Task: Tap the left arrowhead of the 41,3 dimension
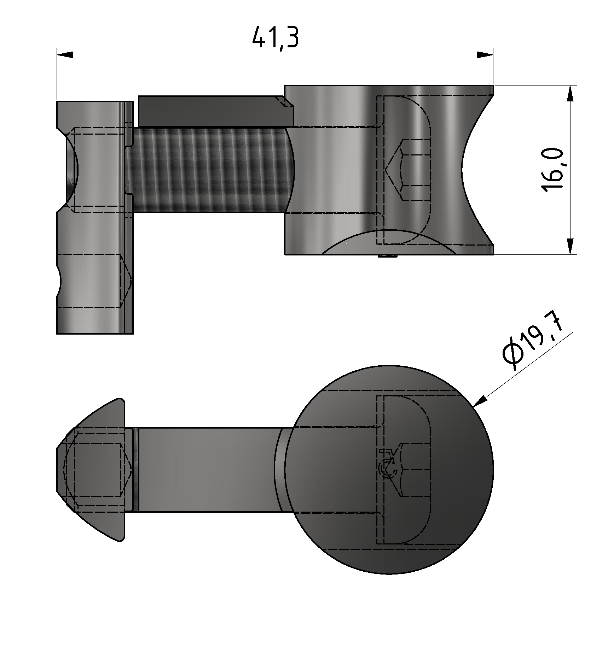pos(65,55)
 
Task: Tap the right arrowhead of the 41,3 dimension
pos(484,55)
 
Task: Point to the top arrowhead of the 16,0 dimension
pos(570,94)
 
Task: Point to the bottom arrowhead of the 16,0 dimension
pos(570,246)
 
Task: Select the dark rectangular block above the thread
pos(212,111)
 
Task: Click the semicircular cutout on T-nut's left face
pos(71,170)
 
